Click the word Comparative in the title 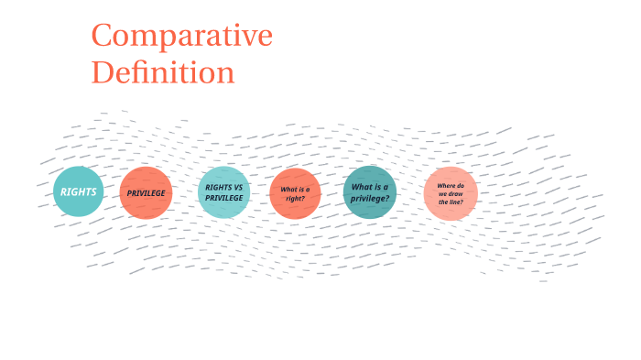tap(181, 37)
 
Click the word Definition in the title tap(163, 71)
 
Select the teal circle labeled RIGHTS tap(79, 192)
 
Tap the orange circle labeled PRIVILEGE tap(146, 193)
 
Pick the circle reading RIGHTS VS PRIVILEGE tap(223, 192)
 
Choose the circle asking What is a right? tap(295, 193)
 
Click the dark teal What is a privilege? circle tap(370, 192)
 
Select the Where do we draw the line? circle tap(450, 193)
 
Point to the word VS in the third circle tap(238, 187)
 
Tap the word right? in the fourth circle tap(295, 199)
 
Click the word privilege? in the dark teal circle tap(370, 198)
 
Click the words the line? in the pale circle tap(450, 202)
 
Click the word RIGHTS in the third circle tap(218, 187)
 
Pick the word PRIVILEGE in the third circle tap(223, 198)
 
